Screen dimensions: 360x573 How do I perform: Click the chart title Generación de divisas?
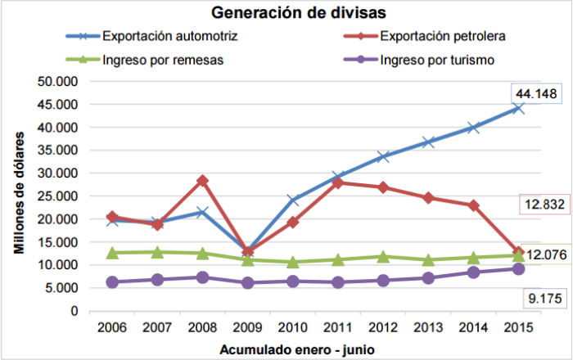click(286, 13)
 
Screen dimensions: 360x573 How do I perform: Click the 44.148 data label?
click(536, 94)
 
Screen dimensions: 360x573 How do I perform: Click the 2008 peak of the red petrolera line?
click(202, 181)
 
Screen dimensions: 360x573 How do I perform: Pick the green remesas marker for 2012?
click(383, 257)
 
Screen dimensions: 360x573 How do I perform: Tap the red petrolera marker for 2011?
click(337, 182)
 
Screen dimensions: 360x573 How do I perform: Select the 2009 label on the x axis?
click(247, 327)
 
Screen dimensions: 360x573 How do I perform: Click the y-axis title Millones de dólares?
click(19, 196)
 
